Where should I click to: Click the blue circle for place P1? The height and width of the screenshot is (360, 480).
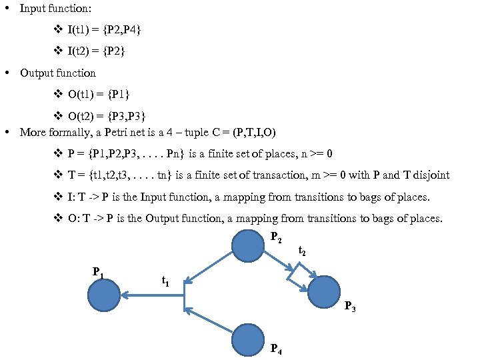tap(104, 295)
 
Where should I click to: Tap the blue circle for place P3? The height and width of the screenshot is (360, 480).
tap(323, 291)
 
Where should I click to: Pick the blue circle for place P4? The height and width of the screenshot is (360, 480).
tap(247, 339)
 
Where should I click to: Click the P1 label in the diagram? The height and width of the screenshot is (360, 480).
tap(97, 272)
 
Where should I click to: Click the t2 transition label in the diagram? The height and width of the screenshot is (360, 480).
tap(302, 252)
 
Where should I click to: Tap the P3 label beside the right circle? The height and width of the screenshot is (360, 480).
tap(349, 307)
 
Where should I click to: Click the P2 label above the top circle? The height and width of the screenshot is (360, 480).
tap(275, 237)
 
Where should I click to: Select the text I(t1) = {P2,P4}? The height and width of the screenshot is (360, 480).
tap(104, 30)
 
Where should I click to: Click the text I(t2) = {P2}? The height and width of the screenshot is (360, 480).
tap(96, 51)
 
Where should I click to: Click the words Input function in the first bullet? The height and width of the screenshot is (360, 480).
tap(56, 9)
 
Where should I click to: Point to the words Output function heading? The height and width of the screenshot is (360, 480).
tap(58, 73)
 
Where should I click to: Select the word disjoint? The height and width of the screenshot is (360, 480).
tap(430, 175)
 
